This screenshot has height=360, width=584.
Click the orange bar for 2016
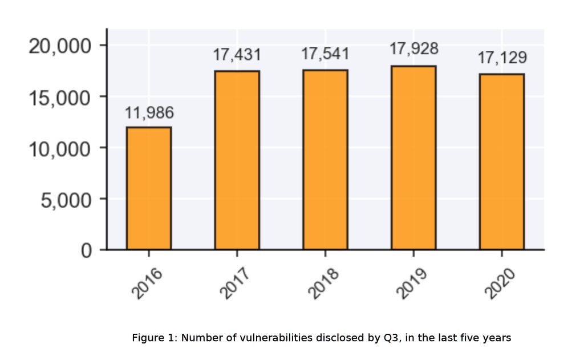(x=149, y=188)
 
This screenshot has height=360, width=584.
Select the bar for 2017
(x=237, y=160)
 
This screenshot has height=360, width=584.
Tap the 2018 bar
(x=325, y=160)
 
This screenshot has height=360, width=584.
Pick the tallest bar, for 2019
(x=413, y=158)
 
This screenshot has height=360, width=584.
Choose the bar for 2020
(x=501, y=162)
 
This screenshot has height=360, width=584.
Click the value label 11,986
(x=149, y=114)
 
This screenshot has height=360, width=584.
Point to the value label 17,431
(x=237, y=55)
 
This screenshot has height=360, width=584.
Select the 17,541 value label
(x=325, y=54)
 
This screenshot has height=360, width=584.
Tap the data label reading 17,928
(x=413, y=49)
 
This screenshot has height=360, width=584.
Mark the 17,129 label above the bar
(x=502, y=58)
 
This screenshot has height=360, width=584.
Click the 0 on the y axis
(x=86, y=251)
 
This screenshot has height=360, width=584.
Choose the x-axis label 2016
(x=147, y=284)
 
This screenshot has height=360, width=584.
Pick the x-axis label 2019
(x=412, y=284)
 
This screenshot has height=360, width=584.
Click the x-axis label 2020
(x=500, y=284)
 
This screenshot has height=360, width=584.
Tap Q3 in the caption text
(x=390, y=338)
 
